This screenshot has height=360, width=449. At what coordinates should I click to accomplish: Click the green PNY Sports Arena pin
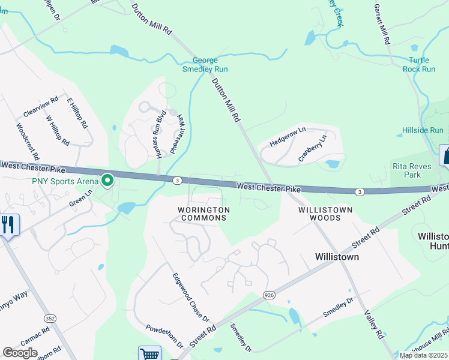click(108, 180)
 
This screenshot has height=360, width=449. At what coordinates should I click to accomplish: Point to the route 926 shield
click(270, 295)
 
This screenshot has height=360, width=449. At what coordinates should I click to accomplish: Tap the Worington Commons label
click(203, 214)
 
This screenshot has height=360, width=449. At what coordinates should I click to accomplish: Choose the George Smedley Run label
click(205, 65)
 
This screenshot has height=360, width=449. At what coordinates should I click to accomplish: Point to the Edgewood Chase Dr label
click(190, 297)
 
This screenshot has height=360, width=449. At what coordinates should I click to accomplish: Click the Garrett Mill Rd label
click(382, 25)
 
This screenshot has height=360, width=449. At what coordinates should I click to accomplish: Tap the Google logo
click(20, 353)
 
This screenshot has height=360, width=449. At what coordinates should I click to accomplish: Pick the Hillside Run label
click(423, 130)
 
